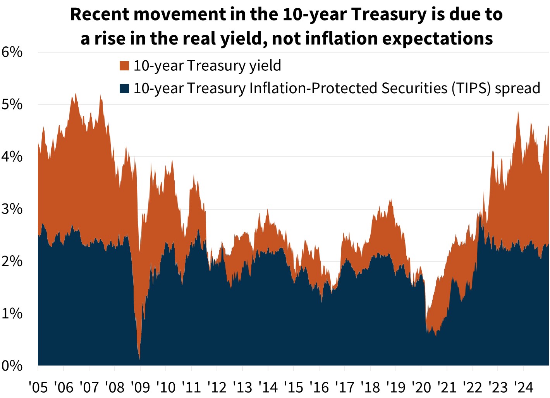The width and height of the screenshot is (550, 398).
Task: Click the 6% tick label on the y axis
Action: [12, 52]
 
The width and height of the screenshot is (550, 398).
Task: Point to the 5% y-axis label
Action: [12, 104]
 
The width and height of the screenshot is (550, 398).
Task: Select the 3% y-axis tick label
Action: [12, 209]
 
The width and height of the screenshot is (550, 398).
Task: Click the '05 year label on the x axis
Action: [38, 386]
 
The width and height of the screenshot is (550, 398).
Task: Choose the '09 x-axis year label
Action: [140, 386]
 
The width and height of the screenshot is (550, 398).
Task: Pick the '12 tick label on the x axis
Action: [217, 386]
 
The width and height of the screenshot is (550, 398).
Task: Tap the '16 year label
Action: [319, 386]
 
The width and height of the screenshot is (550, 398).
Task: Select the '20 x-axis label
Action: [421, 386]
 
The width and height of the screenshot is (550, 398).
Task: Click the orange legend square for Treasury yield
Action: [124, 66]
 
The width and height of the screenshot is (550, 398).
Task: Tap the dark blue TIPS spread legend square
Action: [124, 89]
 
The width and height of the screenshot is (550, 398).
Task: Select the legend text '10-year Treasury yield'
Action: [207, 66]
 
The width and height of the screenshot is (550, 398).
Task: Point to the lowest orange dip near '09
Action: [139, 358]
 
